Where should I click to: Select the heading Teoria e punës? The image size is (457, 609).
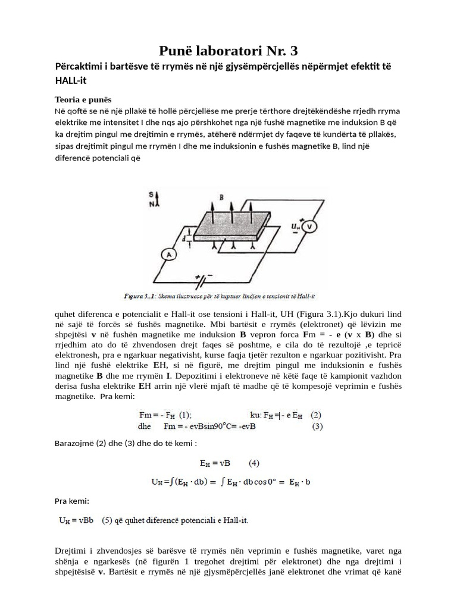(84, 99)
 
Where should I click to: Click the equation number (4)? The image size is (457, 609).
(254, 462)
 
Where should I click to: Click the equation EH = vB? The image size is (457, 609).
(215, 462)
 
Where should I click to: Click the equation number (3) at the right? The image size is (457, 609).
(317, 426)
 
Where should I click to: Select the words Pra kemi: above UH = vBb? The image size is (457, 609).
(71, 501)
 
